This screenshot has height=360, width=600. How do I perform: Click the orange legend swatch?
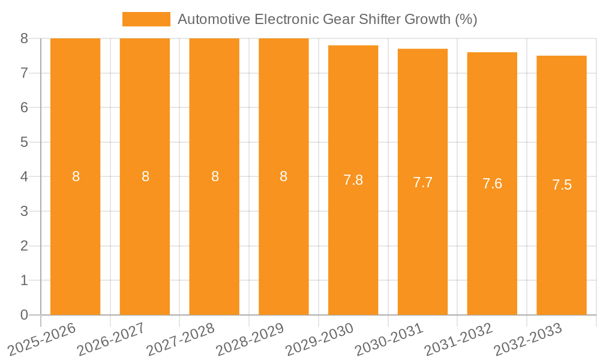tap(146, 19)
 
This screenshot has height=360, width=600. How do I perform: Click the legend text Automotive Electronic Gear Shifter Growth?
tap(327, 19)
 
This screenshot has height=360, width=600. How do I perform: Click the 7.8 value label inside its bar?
tap(353, 180)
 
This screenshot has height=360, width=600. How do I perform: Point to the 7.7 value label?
tap(422, 182)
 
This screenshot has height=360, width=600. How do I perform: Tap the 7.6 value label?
tap(492, 184)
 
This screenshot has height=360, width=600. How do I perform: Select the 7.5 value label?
tap(562, 185)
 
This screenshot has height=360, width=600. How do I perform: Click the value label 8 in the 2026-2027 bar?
tap(145, 176)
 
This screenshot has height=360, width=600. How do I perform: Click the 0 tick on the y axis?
tap(24, 315)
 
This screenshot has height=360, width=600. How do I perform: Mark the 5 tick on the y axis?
tap(24, 142)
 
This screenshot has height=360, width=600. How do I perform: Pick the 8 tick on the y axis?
tap(24, 38)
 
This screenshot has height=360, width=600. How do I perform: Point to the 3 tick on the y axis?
tap(24, 211)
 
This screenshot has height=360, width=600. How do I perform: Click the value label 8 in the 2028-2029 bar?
tap(284, 176)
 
